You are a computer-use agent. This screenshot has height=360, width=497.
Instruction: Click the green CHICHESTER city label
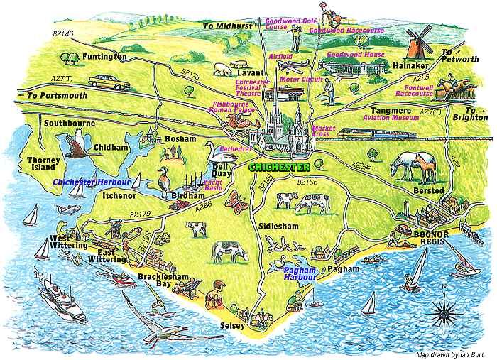[x=280, y=168]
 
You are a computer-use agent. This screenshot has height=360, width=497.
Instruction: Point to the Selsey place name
[x=231, y=326]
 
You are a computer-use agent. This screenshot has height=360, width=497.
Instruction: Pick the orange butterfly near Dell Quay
[x=237, y=200]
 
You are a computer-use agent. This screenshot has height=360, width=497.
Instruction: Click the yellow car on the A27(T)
[x=109, y=82]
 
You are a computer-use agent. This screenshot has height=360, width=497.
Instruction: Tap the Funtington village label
[x=104, y=56]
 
